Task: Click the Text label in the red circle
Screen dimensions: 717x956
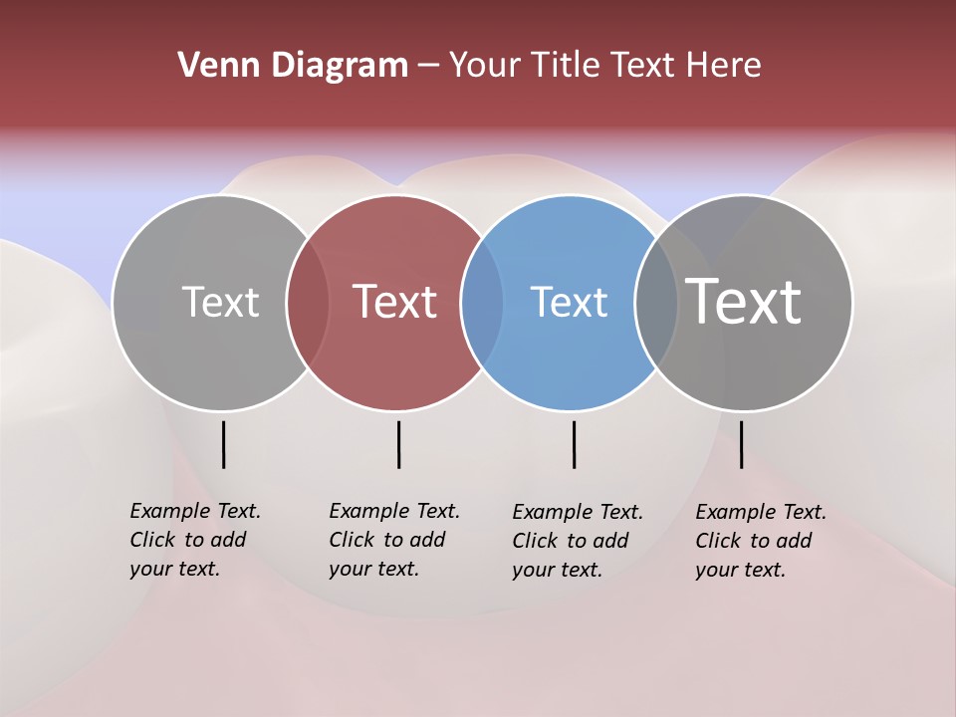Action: click(x=394, y=302)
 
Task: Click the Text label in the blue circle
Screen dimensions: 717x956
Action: click(x=569, y=302)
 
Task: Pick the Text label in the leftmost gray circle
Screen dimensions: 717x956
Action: click(x=220, y=302)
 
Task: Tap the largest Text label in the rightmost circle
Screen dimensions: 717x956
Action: click(x=743, y=301)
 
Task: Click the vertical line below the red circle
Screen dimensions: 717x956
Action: click(x=398, y=444)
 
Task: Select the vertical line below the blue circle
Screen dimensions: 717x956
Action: click(x=574, y=444)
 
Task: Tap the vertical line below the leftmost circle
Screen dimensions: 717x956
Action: click(x=223, y=444)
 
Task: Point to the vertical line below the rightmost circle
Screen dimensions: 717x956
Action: click(x=741, y=444)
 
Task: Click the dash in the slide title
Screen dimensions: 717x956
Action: click(x=428, y=67)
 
